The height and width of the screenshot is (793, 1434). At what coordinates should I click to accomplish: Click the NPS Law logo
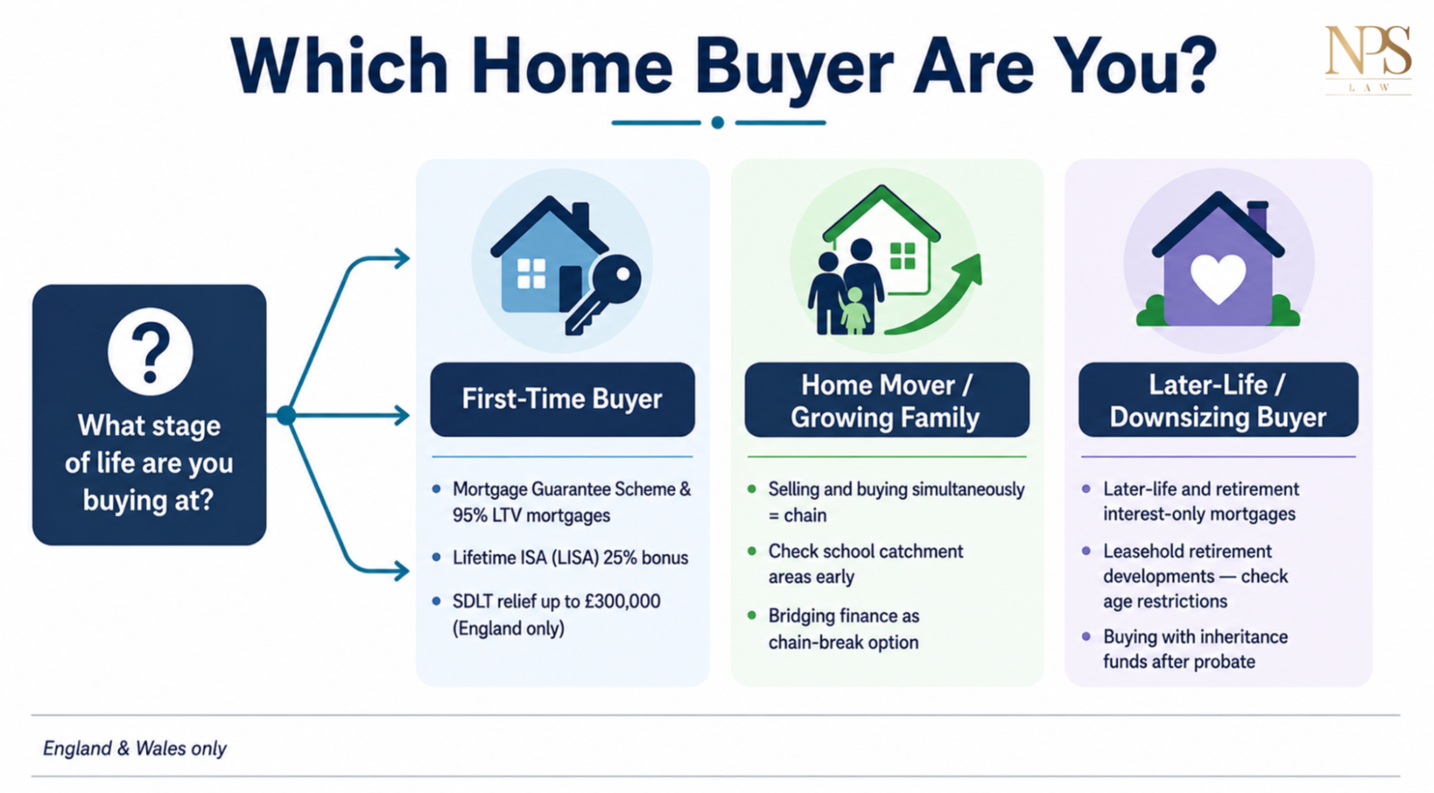pos(1368,60)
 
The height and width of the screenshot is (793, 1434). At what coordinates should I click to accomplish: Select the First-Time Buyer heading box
pos(562,400)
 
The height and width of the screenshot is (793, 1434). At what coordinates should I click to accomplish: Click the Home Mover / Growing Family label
pos(886,401)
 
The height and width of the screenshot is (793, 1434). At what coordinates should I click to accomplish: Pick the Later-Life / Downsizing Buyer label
pos(1218,401)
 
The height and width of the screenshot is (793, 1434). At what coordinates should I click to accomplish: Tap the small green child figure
pos(855,310)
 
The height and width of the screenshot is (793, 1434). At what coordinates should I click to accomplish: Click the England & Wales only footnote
pos(134,748)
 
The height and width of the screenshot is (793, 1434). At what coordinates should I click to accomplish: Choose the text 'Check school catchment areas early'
pos(866,564)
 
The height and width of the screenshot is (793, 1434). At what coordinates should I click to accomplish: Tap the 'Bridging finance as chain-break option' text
pos(843,628)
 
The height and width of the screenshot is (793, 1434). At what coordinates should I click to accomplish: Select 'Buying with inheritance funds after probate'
pos(1196,649)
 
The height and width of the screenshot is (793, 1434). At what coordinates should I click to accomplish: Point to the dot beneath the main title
pos(718,122)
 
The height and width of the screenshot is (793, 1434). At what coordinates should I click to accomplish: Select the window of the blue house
pos(531,273)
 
